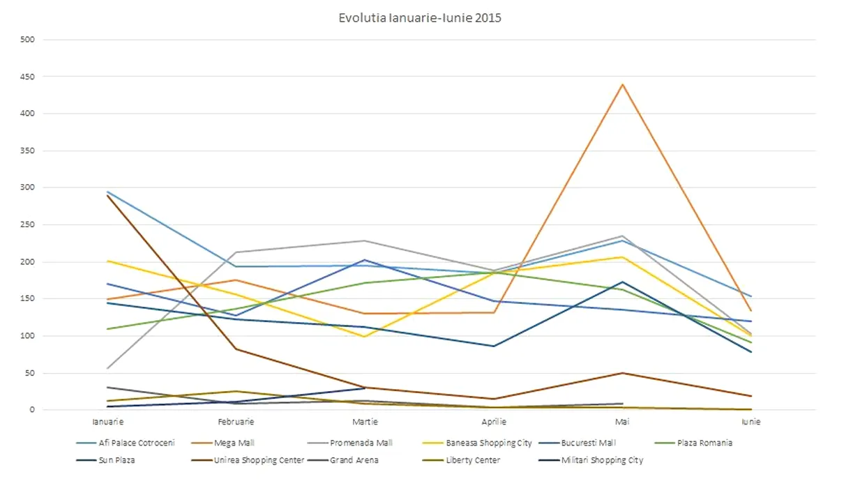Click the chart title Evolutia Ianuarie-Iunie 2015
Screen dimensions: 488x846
[x=420, y=18]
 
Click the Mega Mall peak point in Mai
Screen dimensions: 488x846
[x=622, y=84]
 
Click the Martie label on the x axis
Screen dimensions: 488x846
[x=365, y=422]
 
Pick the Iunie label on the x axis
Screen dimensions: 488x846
[x=751, y=422]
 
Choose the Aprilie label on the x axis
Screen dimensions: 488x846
[x=494, y=422]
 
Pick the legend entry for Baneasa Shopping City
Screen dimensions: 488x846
[x=489, y=443]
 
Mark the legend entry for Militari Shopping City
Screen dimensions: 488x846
[x=602, y=460]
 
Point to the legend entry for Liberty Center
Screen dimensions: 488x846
[x=473, y=460]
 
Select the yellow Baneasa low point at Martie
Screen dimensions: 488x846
[x=365, y=337]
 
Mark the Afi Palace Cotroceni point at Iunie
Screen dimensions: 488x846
[x=751, y=296]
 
